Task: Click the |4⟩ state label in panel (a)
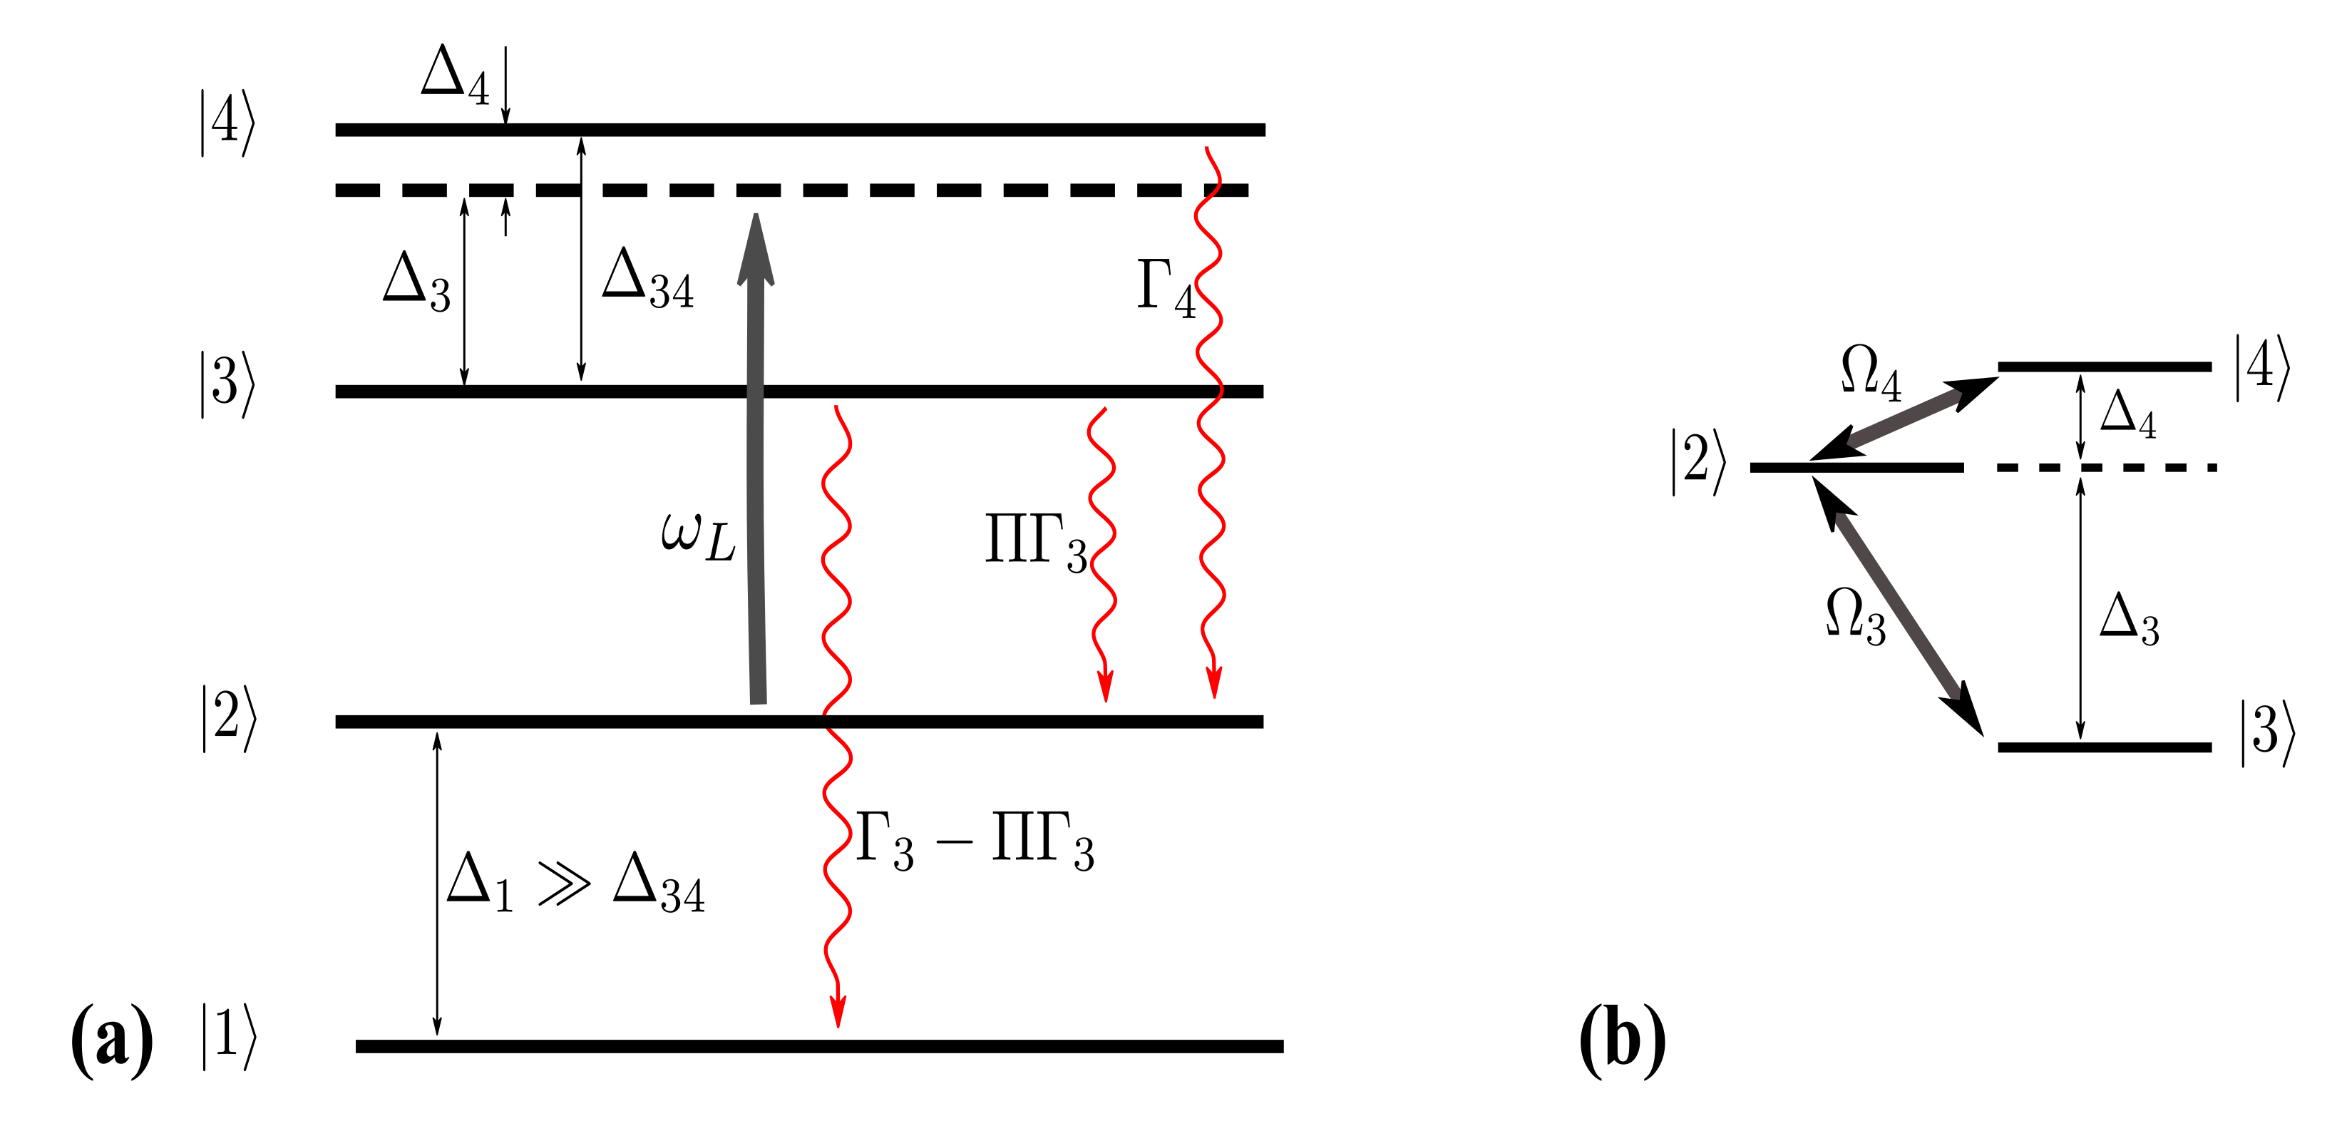227,123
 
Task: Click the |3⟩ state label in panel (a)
227,384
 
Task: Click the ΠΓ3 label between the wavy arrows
1036,543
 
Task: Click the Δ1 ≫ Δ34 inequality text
575,882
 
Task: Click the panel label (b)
1622,1040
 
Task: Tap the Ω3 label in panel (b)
1855,617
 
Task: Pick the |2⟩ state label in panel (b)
1698,463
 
